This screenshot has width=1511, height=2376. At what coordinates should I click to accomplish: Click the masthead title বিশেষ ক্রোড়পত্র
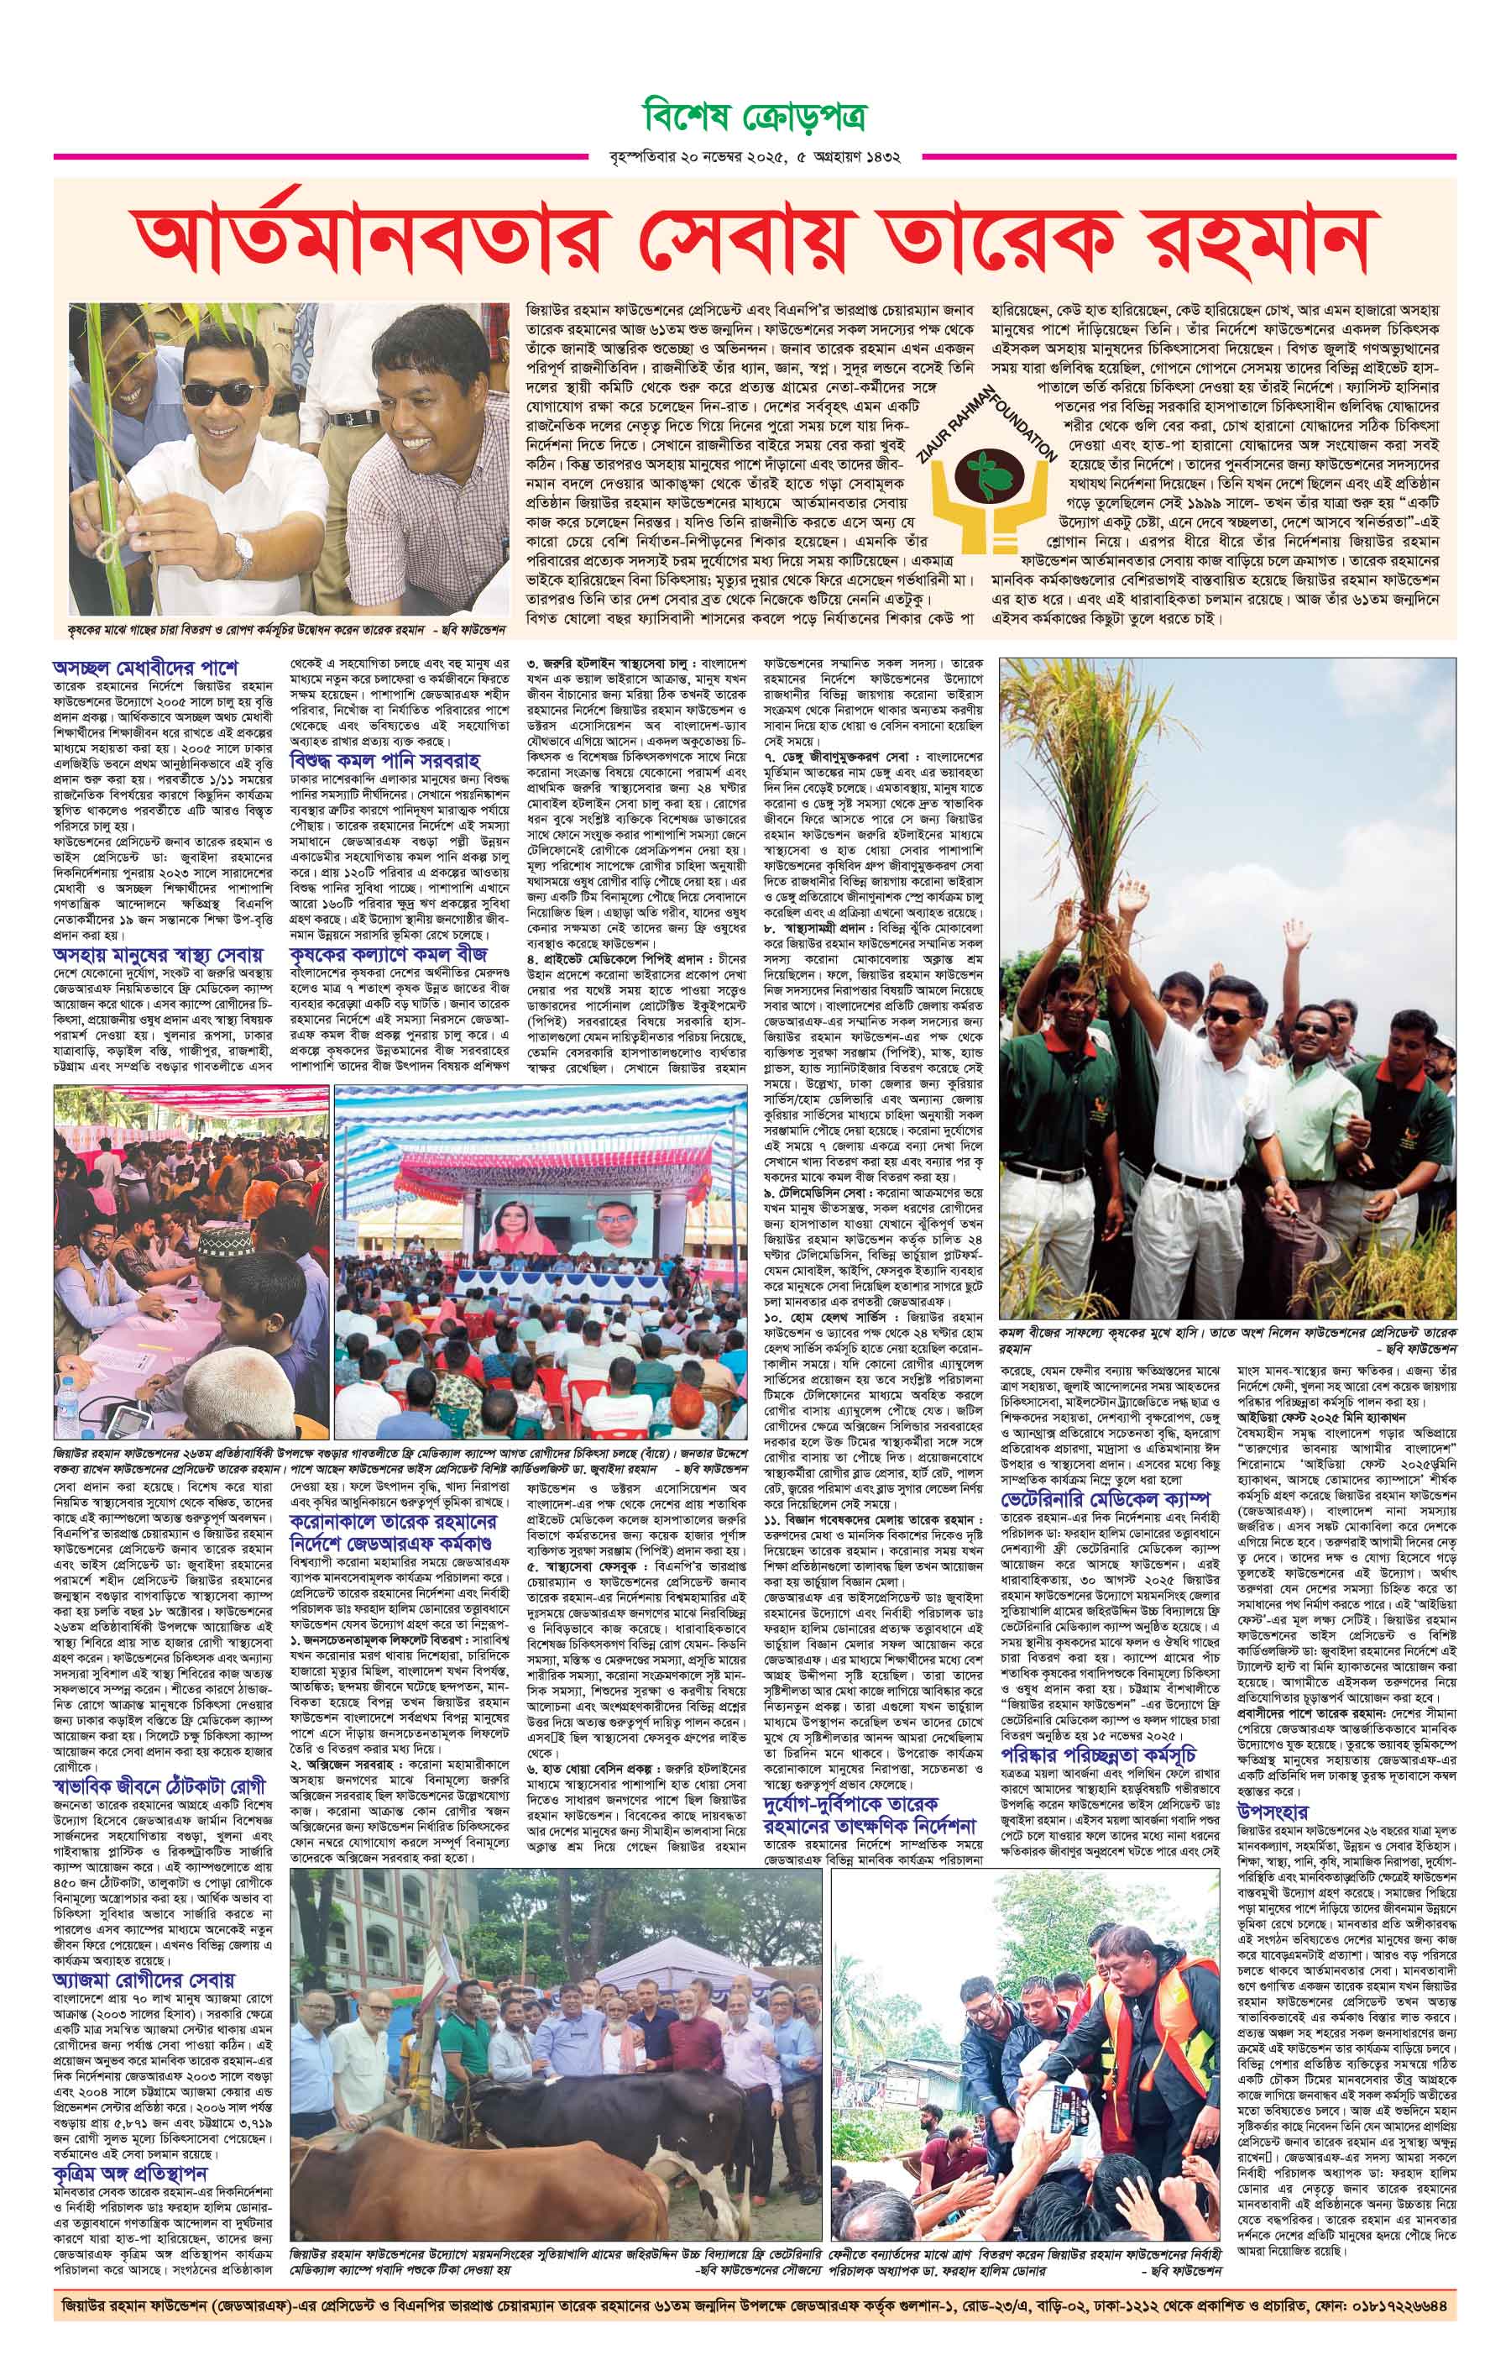(755, 117)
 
